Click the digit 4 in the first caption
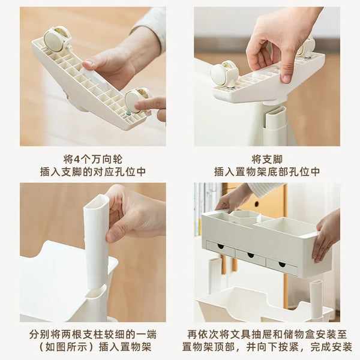(x=77, y=160)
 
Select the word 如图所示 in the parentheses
(x=67, y=347)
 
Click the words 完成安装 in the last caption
(x=331, y=347)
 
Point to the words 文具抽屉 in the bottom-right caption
(x=251, y=335)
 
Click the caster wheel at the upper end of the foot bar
(x=57, y=38)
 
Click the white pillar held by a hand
(x=96, y=241)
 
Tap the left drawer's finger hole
(x=221, y=247)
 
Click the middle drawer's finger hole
(x=251, y=255)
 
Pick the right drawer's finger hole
(x=282, y=265)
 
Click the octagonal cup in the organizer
(x=245, y=218)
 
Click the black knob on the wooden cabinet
(x=256, y=204)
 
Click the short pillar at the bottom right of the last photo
(x=316, y=298)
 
